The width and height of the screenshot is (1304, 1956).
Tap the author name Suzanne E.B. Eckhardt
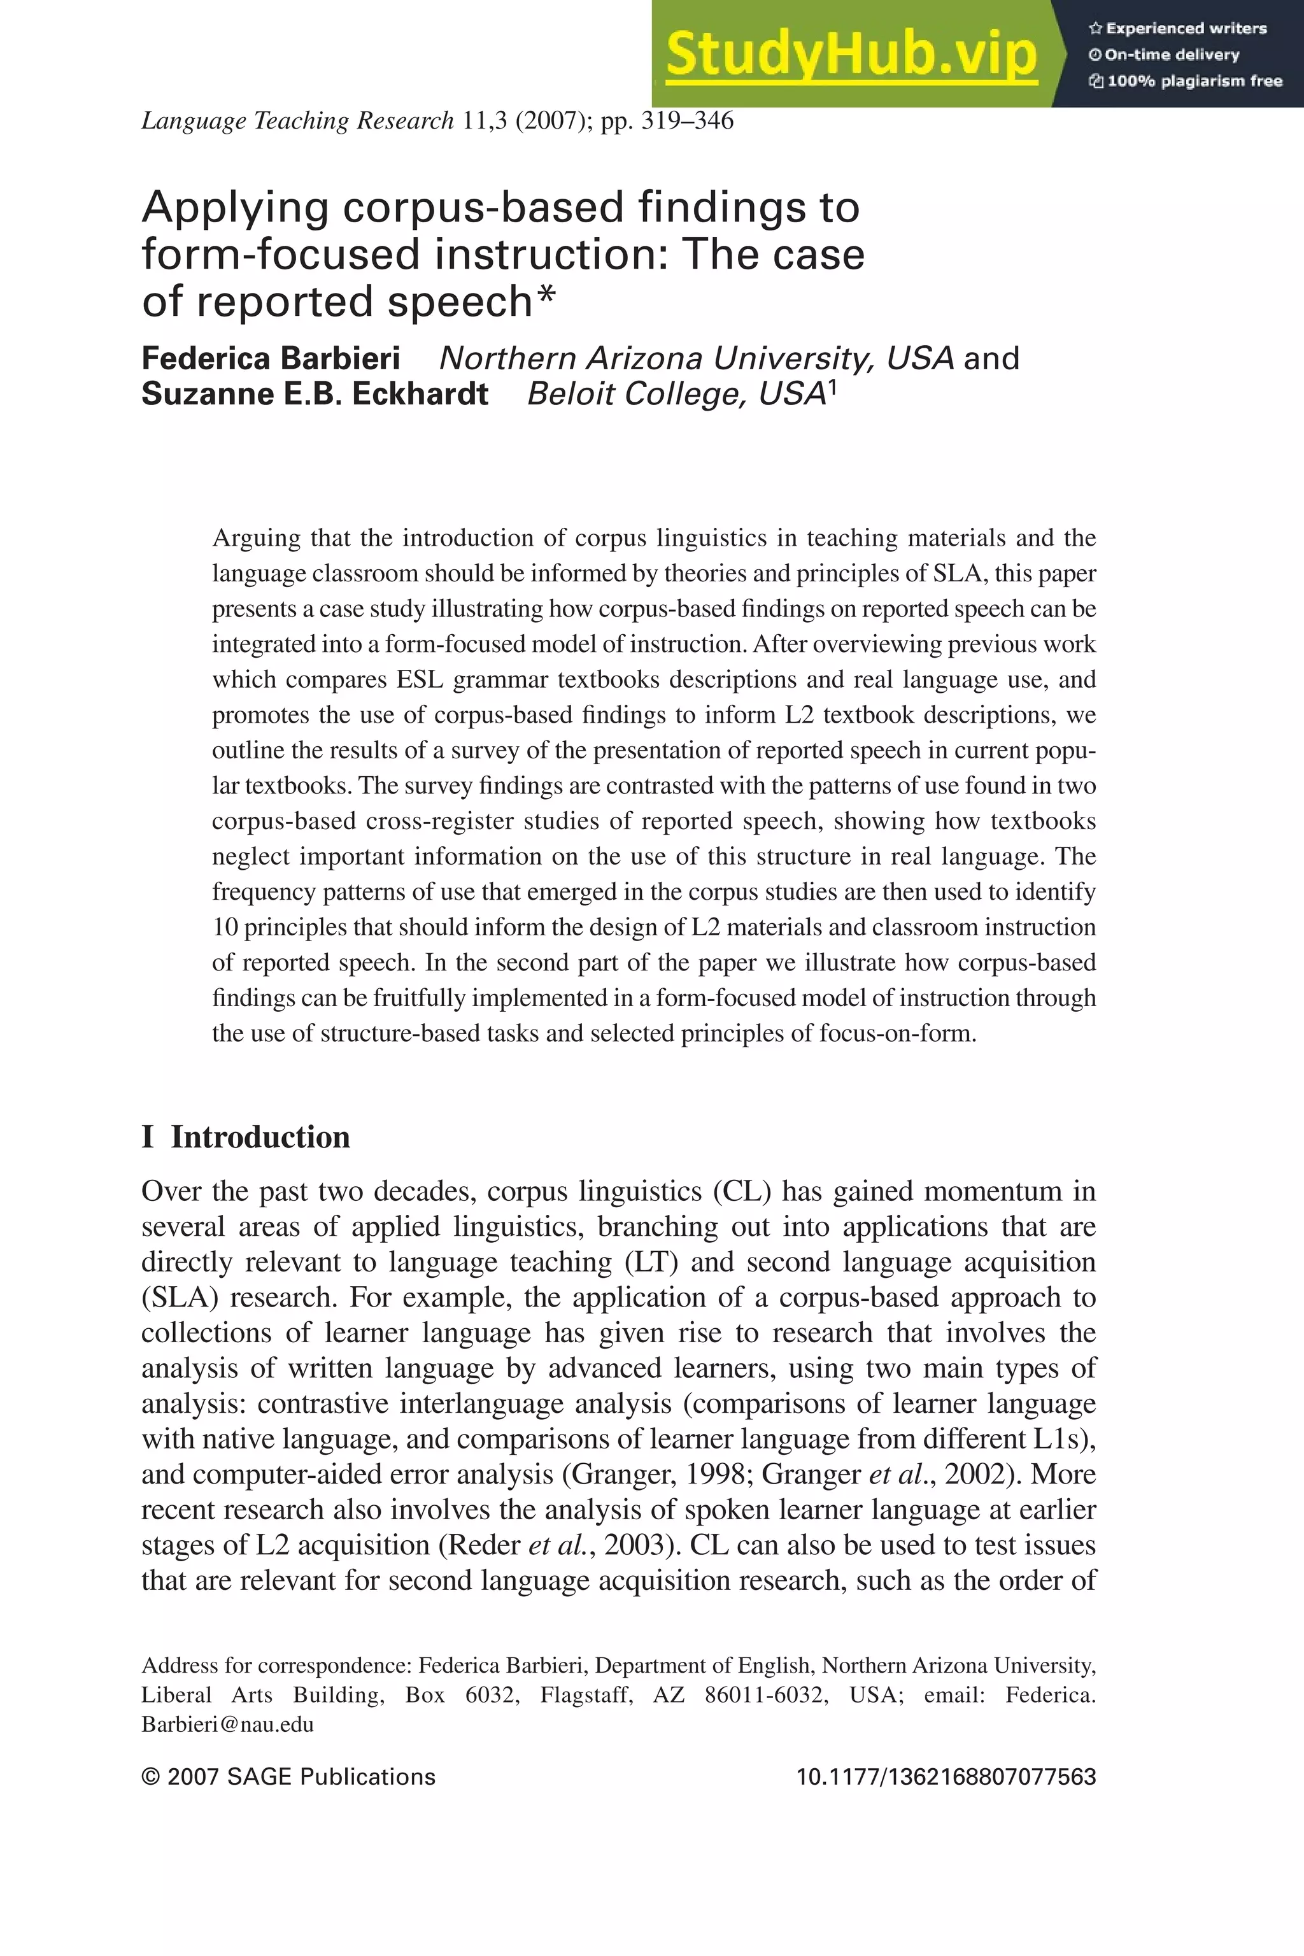click(x=315, y=394)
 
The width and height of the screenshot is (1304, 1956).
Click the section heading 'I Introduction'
click(x=246, y=1137)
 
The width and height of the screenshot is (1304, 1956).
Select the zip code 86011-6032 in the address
click(x=766, y=1695)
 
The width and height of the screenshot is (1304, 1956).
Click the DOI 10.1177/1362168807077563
click(x=946, y=1777)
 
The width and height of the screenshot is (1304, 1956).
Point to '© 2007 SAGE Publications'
click(x=288, y=1777)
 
